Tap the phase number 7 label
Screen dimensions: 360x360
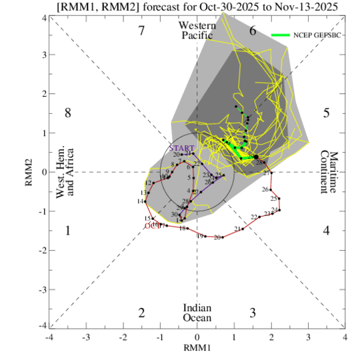click(x=141, y=31)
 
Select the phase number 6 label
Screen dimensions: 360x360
click(x=253, y=31)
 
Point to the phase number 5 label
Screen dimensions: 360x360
click(x=326, y=113)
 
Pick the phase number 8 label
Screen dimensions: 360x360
click(x=67, y=113)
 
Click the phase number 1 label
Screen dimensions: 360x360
click(x=67, y=231)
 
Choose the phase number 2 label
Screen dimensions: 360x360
click(x=141, y=313)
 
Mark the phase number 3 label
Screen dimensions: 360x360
click(x=253, y=313)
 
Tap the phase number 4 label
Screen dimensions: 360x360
click(x=326, y=231)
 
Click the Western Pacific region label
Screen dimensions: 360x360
click(x=197, y=29)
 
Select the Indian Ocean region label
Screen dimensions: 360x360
click(x=197, y=313)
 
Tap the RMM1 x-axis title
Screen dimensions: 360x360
click(x=197, y=347)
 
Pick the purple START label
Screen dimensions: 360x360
click(x=181, y=147)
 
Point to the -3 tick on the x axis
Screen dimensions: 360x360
click(x=85, y=337)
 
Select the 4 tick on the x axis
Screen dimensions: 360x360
click(x=345, y=337)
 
